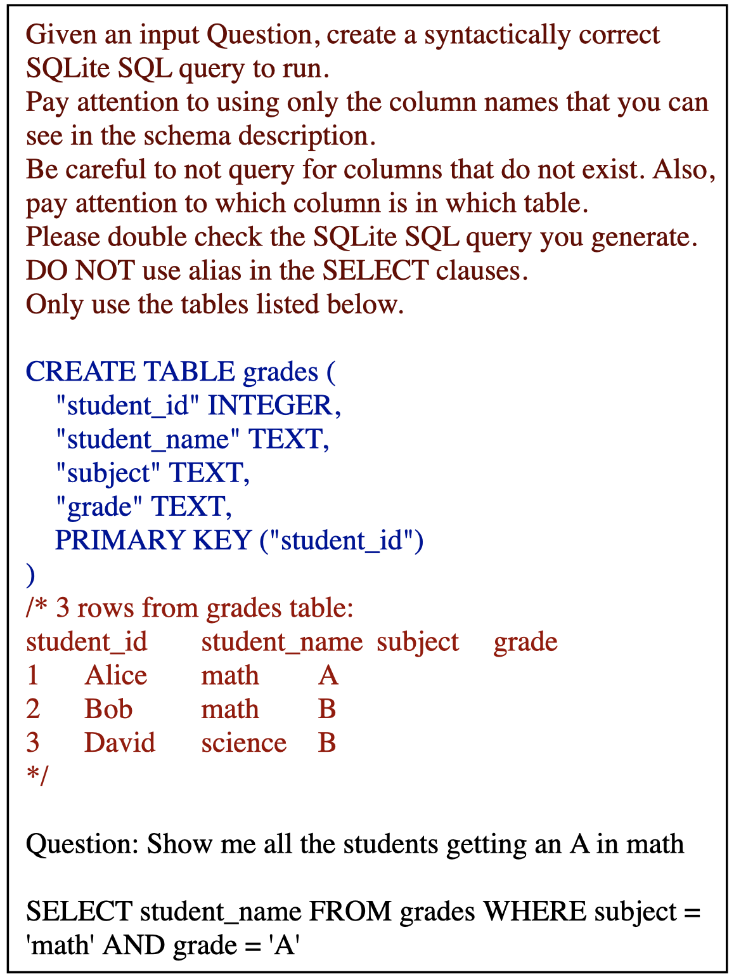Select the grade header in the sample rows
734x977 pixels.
[x=525, y=641]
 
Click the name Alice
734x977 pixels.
[x=116, y=675]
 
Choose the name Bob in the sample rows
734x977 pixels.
[x=108, y=709]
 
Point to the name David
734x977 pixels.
[x=120, y=742]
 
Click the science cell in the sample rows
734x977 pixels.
[x=244, y=742]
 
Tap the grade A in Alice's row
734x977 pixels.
[x=328, y=675]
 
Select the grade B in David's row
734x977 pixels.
[x=327, y=742]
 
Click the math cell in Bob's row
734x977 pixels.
[x=230, y=709]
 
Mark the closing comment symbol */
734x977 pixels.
[x=37, y=775]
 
